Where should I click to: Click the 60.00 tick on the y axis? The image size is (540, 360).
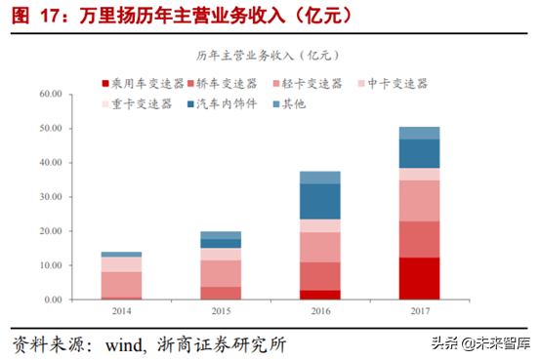(x=51, y=95)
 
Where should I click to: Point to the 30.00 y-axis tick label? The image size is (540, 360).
(x=51, y=197)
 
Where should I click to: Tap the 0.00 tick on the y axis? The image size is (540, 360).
(x=54, y=300)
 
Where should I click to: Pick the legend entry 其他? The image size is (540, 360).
(x=293, y=103)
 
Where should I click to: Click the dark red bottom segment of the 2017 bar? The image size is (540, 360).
(x=419, y=278)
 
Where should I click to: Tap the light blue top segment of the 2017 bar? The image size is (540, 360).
(x=419, y=133)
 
